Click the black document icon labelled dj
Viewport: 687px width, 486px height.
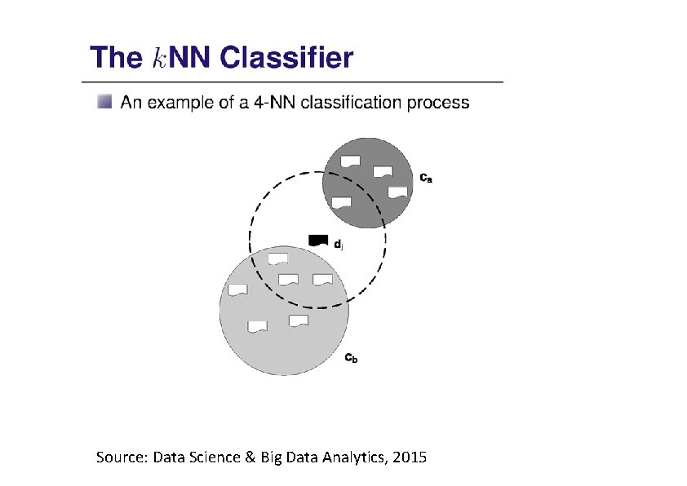click(x=317, y=240)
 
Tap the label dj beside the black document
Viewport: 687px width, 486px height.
click(x=339, y=243)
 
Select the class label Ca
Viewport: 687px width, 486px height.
click(x=426, y=175)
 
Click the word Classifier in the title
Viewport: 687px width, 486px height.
click(x=286, y=59)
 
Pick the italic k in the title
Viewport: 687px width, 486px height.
click(x=160, y=59)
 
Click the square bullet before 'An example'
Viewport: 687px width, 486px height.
click(x=104, y=103)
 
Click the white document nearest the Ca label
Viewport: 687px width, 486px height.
click(x=397, y=192)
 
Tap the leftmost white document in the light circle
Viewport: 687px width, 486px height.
click(x=237, y=290)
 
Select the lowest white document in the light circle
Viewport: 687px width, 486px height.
click(x=257, y=327)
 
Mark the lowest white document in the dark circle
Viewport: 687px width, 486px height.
click(x=342, y=202)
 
